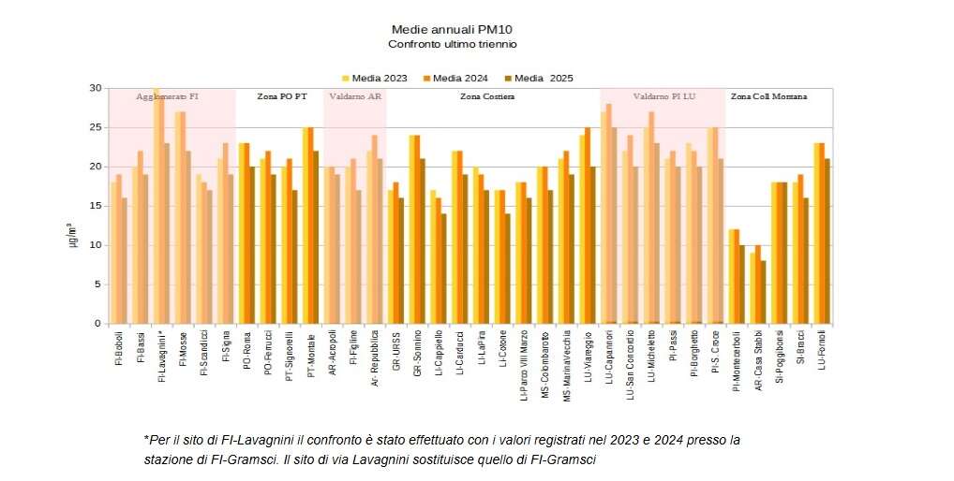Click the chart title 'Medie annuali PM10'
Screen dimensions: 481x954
pos(453,29)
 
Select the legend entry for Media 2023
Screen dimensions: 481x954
pos(374,79)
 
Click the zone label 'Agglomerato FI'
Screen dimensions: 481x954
pos(168,96)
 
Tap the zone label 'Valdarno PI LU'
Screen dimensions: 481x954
pos(663,96)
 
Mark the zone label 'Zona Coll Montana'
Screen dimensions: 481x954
pos(768,96)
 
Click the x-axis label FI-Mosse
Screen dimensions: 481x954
pos(182,352)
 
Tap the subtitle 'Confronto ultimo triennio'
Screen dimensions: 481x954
pos(453,44)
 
